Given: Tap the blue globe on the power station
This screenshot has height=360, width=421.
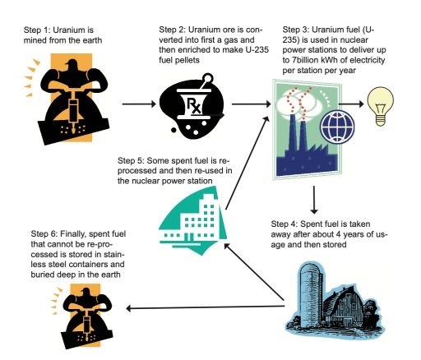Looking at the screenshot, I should tap(335, 128).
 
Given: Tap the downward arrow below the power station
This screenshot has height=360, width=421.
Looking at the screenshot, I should tap(315, 198).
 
